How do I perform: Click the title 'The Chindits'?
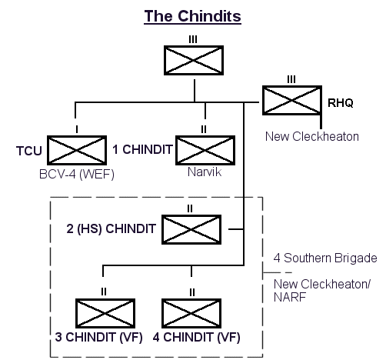192,16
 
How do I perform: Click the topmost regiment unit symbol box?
194,61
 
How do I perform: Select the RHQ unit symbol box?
292,100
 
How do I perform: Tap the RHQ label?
341,103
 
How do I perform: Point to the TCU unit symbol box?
77,151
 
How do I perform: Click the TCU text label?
29,151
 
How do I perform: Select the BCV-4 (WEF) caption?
77,175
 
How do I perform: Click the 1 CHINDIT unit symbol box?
205,151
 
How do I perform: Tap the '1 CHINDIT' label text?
142,149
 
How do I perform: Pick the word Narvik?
205,172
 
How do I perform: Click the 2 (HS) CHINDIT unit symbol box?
191,229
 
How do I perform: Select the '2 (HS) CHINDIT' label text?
111,228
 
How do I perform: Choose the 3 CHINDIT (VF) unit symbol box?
105,313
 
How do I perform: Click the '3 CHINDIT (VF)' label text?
98,337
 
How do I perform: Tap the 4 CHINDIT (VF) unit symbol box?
191,313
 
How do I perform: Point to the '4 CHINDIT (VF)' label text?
197,337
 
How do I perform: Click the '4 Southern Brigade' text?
325,258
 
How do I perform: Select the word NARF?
290,298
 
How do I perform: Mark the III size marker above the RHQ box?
291,79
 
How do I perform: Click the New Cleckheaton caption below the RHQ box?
312,136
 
